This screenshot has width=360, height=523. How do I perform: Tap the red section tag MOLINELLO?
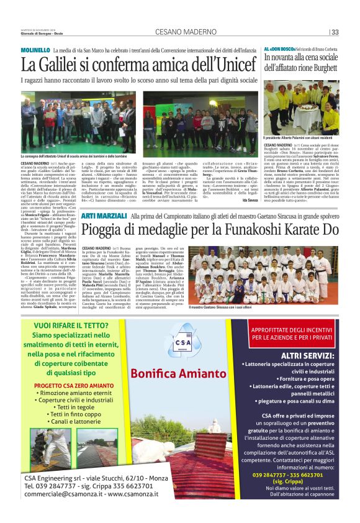click(35, 48)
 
